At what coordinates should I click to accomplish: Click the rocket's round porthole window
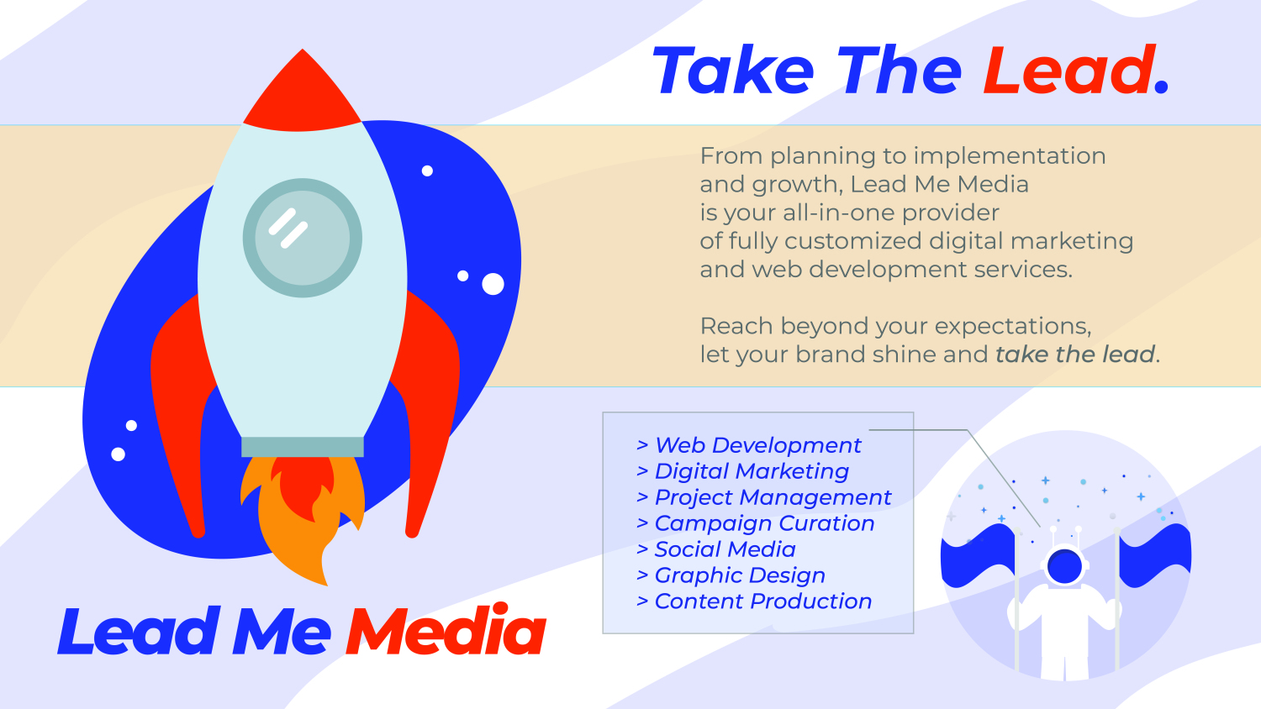(303, 238)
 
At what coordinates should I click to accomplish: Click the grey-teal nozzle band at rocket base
(303, 447)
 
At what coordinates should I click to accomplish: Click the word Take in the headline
(733, 71)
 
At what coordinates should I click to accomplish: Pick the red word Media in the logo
(446, 630)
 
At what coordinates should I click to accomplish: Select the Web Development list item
(749, 445)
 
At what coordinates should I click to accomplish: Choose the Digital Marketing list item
(742, 471)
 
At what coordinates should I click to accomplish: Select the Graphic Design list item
(731, 575)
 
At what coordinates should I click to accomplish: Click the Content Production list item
(754, 601)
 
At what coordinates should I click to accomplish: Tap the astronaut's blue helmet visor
(1064, 567)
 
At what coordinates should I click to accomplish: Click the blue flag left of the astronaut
(979, 554)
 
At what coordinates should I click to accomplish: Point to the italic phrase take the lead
(1075, 354)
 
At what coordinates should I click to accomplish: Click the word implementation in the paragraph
(1010, 156)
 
